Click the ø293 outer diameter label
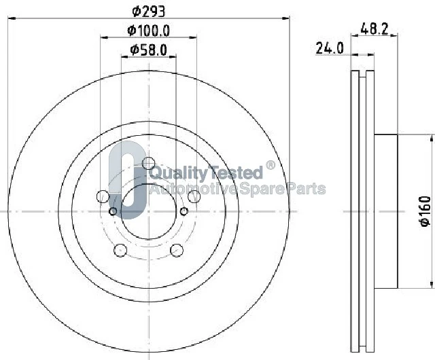148,12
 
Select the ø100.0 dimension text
148,31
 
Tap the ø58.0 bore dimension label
148,50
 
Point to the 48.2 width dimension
375,29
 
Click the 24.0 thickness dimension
330,48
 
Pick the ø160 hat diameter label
425,211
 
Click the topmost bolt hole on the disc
148,163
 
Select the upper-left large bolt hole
103,196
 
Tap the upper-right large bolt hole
194,196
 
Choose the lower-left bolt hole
120,250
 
